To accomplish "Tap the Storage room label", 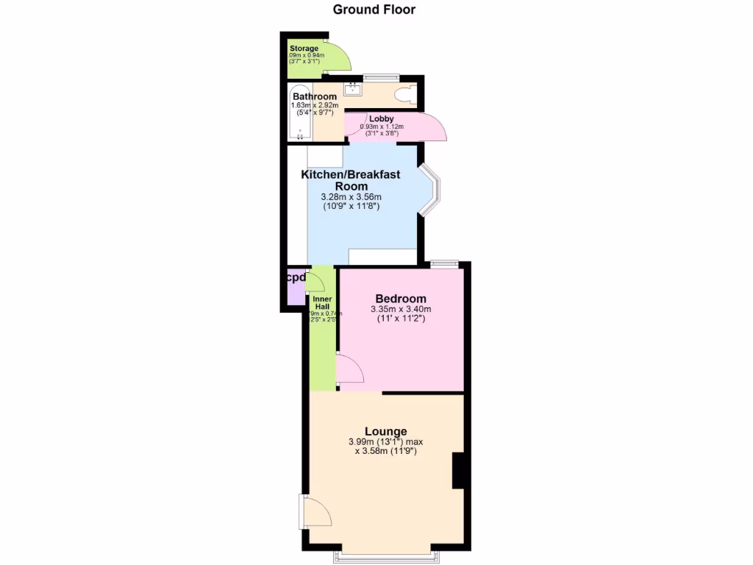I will tap(304, 49).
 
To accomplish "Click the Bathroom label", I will tap(315, 96).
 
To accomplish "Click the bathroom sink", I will tap(351, 90).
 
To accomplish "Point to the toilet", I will tap(404, 95).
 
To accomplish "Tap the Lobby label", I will tap(381, 118).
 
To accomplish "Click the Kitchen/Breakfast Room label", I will tap(351, 180).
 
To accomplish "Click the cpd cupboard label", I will tap(296, 278).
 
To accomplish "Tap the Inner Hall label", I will tap(322, 303).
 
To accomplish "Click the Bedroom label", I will tap(401, 298).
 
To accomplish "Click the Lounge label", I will tap(386, 431).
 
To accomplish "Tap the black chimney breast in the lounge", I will tap(459, 471).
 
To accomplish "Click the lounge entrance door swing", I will tap(315, 512).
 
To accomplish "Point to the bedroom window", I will tap(444, 263).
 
